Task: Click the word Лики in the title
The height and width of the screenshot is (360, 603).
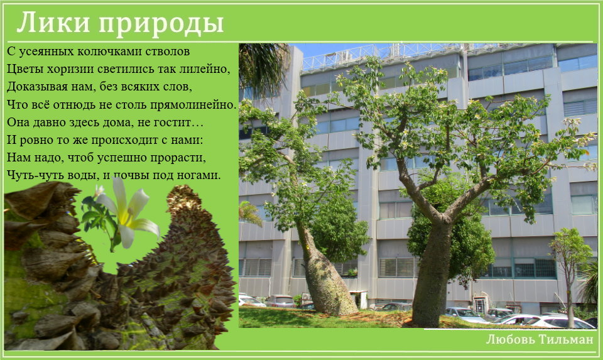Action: coord(55,23)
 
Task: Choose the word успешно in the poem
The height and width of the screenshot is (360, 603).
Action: coord(122,158)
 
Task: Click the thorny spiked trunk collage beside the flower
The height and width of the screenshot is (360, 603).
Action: coord(181,270)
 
